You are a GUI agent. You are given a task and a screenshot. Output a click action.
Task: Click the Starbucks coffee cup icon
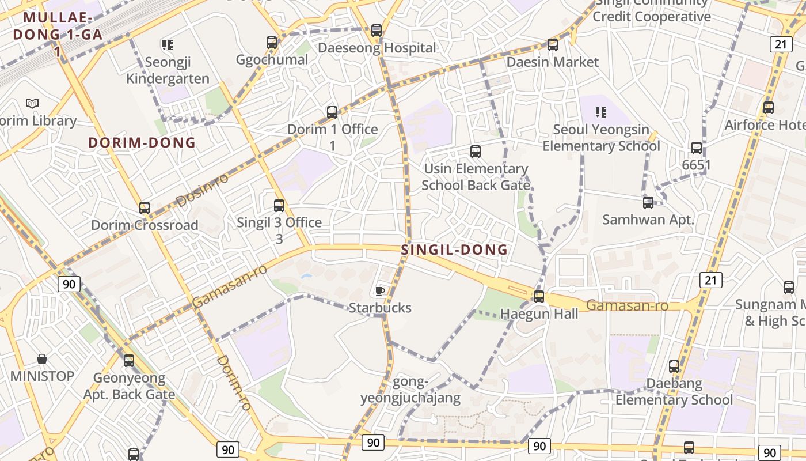pyautogui.click(x=379, y=290)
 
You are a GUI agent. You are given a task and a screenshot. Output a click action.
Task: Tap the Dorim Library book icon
pyautogui.click(x=32, y=104)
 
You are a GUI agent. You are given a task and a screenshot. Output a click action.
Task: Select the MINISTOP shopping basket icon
pyautogui.click(x=42, y=359)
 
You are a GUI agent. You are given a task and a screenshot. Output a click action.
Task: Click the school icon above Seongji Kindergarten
pyautogui.click(x=167, y=44)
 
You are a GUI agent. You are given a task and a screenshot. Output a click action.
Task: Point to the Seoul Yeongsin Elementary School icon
pyautogui.click(x=601, y=112)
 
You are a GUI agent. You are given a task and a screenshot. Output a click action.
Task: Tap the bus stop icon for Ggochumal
pyautogui.click(x=272, y=42)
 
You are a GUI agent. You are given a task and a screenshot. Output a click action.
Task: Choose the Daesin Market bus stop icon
pyautogui.click(x=553, y=44)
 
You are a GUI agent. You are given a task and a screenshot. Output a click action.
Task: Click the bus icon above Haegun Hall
pyautogui.click(x=539, y=297)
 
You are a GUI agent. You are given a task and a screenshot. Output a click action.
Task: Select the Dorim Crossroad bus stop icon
pyautogui.click(x=145, y=207)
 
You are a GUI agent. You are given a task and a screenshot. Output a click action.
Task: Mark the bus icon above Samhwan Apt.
pyautogui.click(x=648, y=202)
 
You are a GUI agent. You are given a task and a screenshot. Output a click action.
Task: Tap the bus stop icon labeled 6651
pyautogui.click(x=697, y=148)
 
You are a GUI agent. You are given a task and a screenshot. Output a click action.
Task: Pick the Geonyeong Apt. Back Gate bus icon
pyautogui.click(x=129, y=361)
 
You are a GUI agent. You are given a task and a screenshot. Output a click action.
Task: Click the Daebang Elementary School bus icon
pyautogui.click(x=674, y=366)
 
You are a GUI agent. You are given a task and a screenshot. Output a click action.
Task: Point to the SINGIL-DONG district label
pyautogui.click(x=454, y=250)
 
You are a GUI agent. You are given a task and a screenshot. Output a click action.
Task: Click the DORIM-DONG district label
pyautogui.click(x=142, y=143)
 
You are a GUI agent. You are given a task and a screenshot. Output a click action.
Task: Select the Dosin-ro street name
pyautogui.click(x=201, y=190)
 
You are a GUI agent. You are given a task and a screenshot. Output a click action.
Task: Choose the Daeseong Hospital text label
pyautogui.click(x=377, y=48)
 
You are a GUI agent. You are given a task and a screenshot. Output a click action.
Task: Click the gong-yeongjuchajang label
pyautogui.click(x=410, y=390)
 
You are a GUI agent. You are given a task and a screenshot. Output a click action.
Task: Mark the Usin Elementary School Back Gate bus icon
pyautogui.click(x=476, y=152)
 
